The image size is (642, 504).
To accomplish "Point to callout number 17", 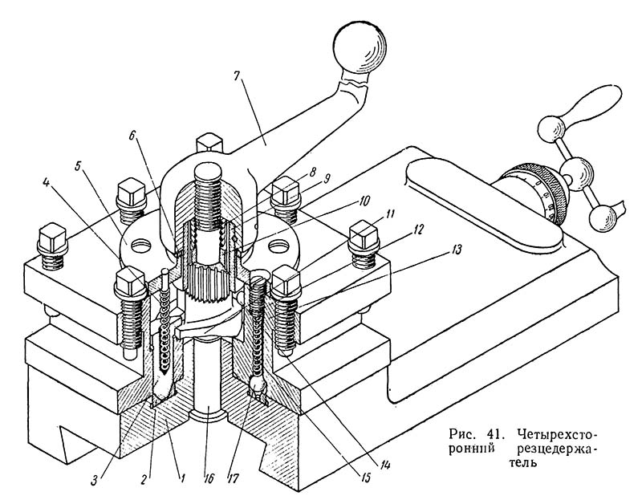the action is (233, 478).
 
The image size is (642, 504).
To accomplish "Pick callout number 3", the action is (93, 479).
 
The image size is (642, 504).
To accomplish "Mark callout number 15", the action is (364, 478).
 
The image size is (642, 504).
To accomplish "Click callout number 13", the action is (456, 250).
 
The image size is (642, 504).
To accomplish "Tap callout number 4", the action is (46, 183).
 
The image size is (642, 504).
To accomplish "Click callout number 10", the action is (364, 201).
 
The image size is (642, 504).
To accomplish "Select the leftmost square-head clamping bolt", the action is (52, 246).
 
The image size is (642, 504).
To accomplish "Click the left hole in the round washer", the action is (140, 245).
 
